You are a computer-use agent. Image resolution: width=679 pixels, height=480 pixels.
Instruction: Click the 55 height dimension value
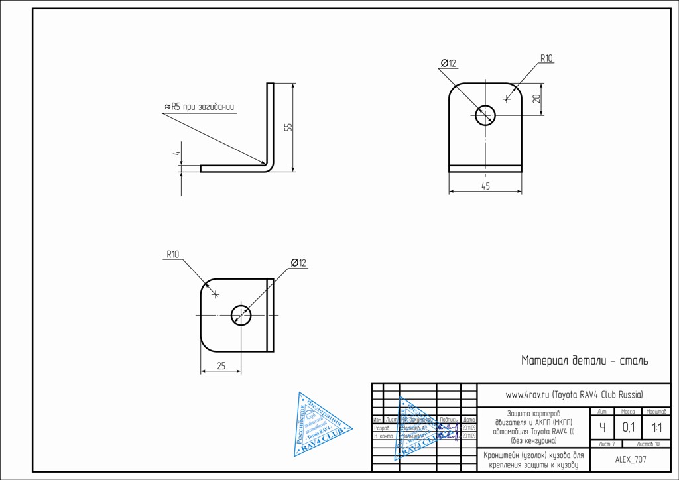pos(288,127)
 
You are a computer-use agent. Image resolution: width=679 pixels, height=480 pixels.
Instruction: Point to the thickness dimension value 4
pos(177,153)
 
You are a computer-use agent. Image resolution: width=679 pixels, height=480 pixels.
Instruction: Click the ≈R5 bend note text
pos(199,107)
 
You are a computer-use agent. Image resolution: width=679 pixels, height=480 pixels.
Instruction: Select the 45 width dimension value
pos(485,186)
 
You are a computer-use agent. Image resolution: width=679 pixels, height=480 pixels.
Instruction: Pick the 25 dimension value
pos(221,365)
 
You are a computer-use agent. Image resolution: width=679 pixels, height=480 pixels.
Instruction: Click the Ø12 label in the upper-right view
pos(448,64)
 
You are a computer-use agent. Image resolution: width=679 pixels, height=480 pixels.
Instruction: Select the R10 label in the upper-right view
pos(546,58)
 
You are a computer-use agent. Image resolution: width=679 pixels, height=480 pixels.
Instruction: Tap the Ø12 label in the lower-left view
pos(298,263)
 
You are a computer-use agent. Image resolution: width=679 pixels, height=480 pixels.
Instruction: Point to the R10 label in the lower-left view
pos(172,254)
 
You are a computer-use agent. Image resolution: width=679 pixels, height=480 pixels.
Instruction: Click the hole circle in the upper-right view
pos(485,115)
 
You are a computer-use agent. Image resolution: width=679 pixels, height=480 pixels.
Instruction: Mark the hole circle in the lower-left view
pos(241,315)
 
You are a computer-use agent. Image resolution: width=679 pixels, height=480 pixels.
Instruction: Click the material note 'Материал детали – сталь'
pos(584,361)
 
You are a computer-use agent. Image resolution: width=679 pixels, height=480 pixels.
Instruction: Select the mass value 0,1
pos(628,428)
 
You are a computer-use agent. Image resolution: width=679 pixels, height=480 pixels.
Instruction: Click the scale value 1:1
pos(656,428)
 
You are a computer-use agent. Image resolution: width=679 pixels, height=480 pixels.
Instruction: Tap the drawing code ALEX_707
pos(631,459)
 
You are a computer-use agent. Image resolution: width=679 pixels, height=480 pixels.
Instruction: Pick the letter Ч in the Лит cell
pos(601,428)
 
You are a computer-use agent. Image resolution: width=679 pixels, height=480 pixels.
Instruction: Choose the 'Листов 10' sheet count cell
pos(648,444)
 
